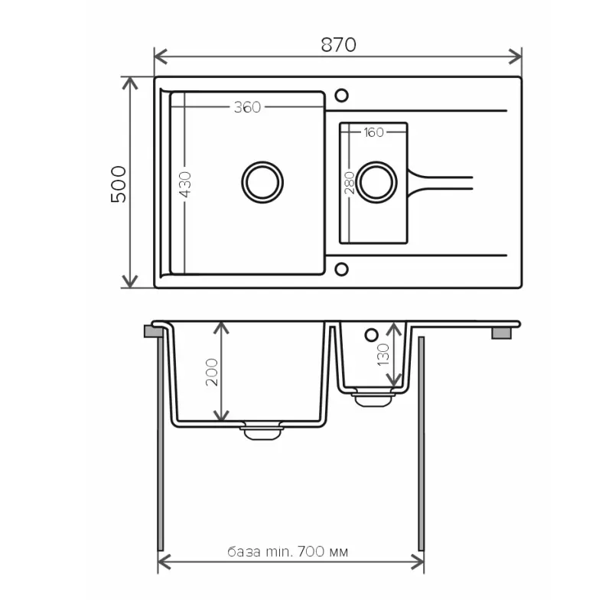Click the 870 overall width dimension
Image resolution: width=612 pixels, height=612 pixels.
(337, 45)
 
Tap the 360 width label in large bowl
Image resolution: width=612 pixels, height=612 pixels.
(247, 108)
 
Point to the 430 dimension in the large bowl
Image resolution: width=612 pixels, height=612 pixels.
(185, 185)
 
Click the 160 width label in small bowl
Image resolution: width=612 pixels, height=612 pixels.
(373, 133)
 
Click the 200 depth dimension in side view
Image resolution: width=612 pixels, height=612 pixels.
(212, 372)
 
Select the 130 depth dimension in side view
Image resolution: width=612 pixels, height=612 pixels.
(383, 353)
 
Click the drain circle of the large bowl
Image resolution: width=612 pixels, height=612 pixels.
(262, 182)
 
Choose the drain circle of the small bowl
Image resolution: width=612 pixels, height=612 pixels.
(376, 182)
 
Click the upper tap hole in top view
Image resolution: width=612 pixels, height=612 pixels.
(341, 95)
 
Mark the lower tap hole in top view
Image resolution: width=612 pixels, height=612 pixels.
(341, 269)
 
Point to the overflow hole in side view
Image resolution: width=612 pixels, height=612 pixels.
(372, 334)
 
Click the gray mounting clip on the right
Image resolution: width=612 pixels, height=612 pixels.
(501, 333)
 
